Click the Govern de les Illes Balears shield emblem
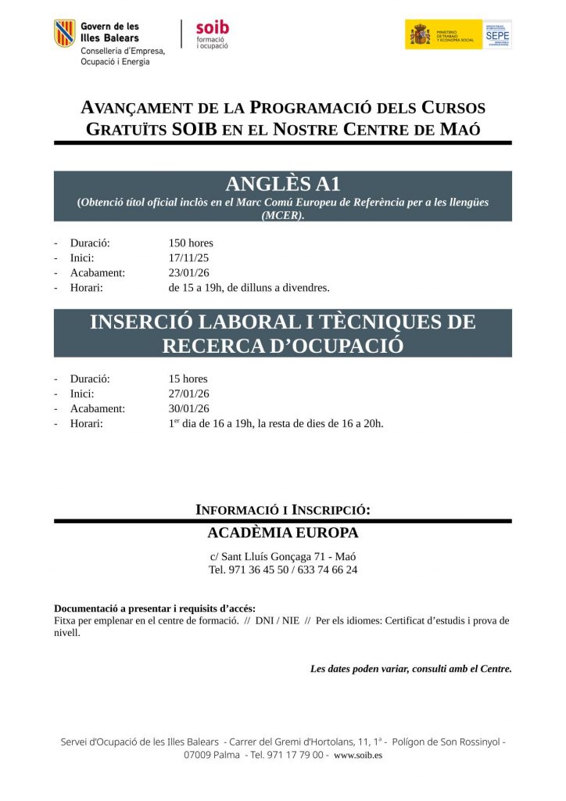64,33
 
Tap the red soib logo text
212,27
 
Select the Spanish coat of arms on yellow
421,34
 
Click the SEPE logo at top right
497,34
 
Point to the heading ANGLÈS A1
282,184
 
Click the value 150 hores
191,242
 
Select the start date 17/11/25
188,257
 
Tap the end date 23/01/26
188,272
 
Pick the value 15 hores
188,379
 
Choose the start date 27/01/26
188,393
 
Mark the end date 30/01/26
188,408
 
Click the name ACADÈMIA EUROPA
282,533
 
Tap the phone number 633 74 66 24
324,569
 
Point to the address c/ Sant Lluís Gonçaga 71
267,556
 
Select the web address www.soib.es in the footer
357,755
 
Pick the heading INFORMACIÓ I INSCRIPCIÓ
282,510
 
